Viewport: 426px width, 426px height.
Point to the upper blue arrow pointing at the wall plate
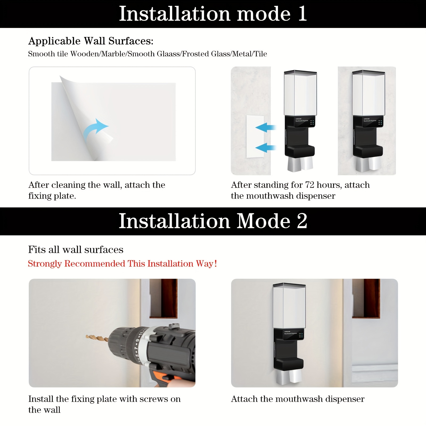tap(265, 127)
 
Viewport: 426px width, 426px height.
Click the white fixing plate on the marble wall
tap(255, 136)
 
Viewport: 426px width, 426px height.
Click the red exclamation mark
tap(216, 264)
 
